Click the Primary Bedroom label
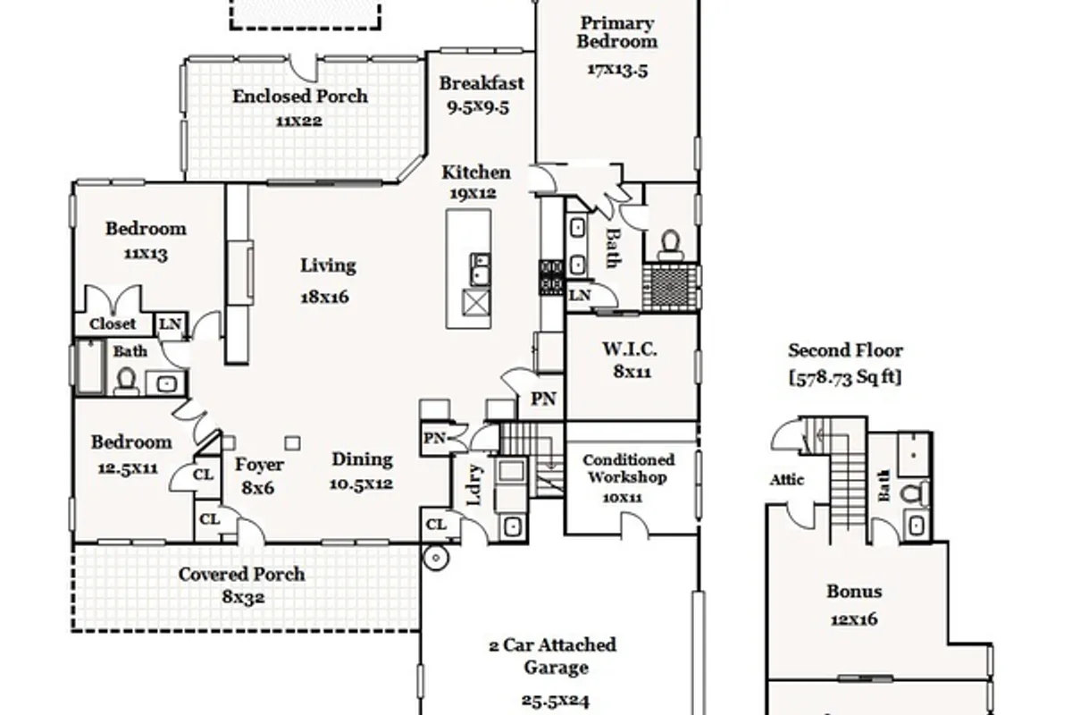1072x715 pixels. pos(617,32)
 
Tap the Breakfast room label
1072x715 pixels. pos(482,83)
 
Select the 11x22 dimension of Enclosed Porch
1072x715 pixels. pos(299,121)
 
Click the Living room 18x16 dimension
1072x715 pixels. pos(324,297)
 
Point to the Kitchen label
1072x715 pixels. pos(475,172)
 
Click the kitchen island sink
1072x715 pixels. pos(480,269)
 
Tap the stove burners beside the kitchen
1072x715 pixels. pos(551,277)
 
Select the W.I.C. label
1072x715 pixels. pos(630,349)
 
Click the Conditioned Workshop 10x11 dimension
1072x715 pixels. pos(622,498)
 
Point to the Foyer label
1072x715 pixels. pos(259,465)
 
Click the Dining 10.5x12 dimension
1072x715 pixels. pos(361,484)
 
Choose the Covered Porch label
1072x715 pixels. pos(242,574)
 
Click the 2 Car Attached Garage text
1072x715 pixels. pos(553,656)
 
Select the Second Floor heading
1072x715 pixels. pos(846,350)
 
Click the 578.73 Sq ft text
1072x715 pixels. pos(845,377)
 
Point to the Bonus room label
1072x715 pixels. pos(854,592)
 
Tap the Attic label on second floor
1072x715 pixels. pos(787,479)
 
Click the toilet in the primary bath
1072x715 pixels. pos(670,245)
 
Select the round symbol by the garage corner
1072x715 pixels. pos(436,558)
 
